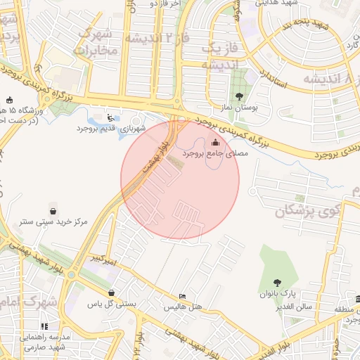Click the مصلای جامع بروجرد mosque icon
(214, 143)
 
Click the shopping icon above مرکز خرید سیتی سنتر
(53, 210)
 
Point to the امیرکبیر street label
(103, 259)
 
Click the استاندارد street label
(273, 78)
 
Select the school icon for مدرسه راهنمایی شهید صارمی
(44, 326)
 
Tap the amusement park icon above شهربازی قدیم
(110, 117)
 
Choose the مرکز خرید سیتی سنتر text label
(53, 221)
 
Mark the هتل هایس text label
(183, 307)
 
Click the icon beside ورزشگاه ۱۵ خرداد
(8, 100)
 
